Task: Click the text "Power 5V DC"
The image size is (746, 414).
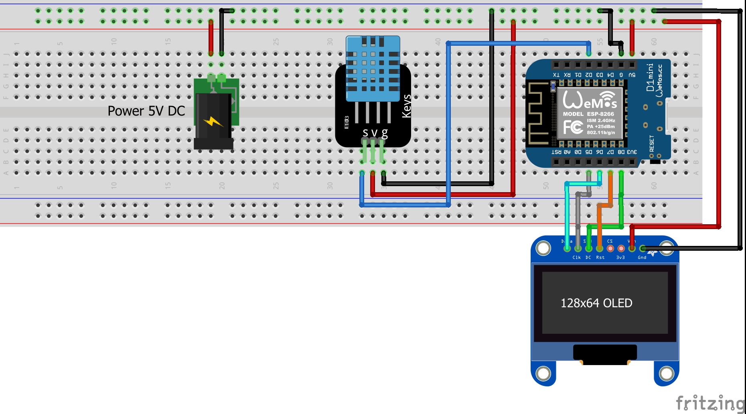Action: (146, 111)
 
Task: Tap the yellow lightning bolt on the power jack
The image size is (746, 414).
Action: (213, 121)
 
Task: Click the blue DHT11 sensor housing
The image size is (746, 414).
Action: (373, 68)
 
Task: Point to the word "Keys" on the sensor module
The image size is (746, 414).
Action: (407, 106)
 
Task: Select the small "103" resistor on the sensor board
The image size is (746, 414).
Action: (347, 122)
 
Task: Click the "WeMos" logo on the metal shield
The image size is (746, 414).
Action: (590, 100)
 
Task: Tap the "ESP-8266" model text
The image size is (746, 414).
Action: (600, 114)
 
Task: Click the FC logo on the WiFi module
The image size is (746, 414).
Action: (573, 127)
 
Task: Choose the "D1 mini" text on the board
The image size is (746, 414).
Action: (650, 77)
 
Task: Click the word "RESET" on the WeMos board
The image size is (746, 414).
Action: (652, 143)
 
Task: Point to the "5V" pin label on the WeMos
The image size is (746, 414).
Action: (632, 75)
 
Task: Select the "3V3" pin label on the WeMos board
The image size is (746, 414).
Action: (632, 152)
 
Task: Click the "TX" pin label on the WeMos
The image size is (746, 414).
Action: (556, 75)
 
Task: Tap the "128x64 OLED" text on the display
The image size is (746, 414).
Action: (596, 303)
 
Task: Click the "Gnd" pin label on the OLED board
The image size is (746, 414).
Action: (642, 258)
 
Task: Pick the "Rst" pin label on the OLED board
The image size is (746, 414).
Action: (600, 258)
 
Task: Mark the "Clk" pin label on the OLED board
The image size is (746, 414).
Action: (576, 258)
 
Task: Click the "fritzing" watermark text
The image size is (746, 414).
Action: (710, 403)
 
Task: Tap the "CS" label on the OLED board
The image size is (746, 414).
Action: (610, 241)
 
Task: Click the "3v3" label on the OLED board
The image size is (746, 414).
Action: (620, 258)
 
